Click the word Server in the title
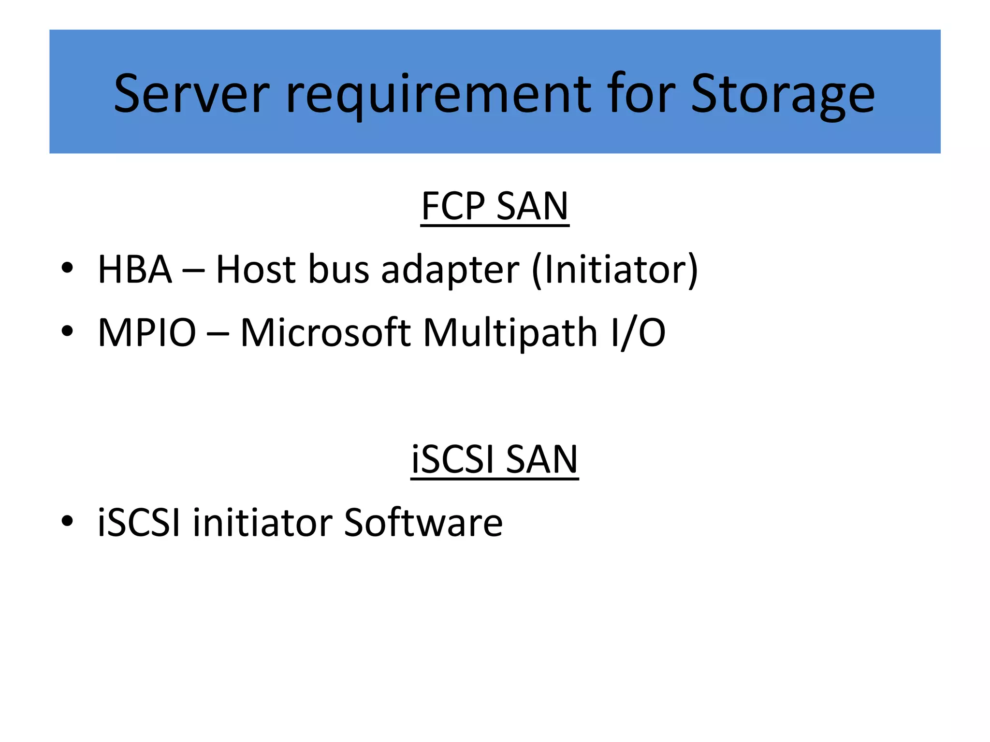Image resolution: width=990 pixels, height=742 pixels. coord(191,94)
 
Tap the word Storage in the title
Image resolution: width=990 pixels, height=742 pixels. coord(783,94)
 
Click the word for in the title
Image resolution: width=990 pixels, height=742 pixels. coord(641,94)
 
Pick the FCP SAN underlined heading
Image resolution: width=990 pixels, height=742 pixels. coord(495,206)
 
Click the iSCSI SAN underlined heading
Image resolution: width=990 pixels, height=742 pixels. coord(495,459)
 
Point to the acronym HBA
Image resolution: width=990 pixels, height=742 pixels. coord(135,270)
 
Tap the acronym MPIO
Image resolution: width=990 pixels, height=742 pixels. coord(147,333)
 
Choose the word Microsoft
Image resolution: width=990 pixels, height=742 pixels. coord(325,333)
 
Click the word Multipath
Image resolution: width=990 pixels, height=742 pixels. coord(510,334)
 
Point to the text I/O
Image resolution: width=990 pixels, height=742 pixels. coord(638,333)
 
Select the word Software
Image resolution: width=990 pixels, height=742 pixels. coord(423,523)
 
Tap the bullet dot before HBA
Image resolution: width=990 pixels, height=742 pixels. coord(67,268)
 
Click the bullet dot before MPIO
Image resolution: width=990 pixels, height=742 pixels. coord(67,331)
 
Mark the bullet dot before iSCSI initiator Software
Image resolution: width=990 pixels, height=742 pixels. coord(67,521)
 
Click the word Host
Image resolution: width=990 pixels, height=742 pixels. coord(255,270)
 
